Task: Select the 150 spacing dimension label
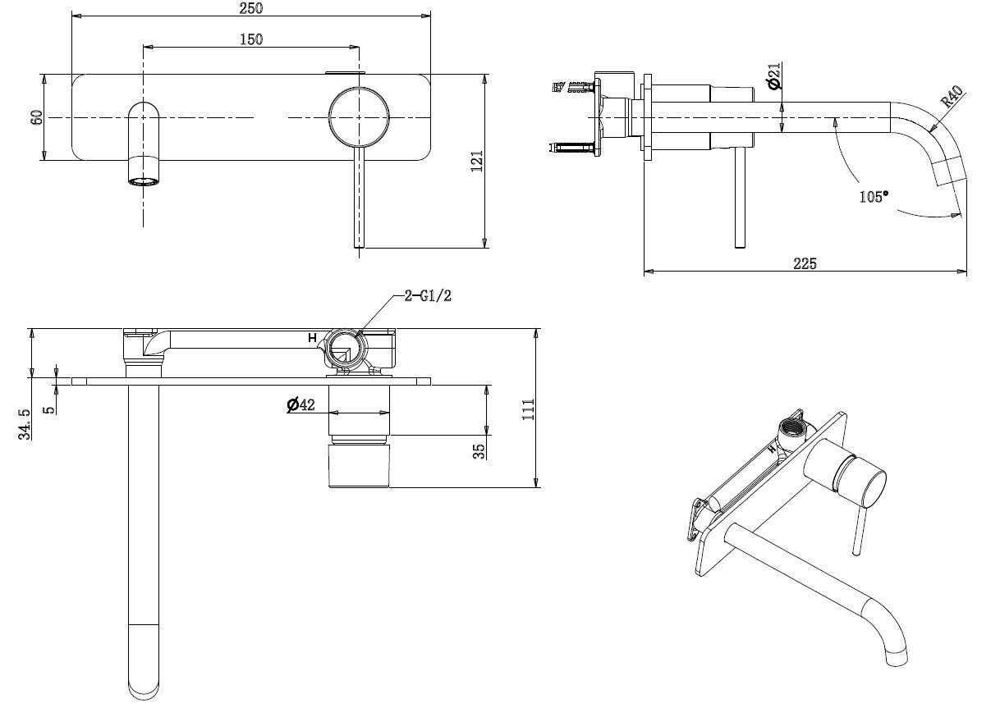pos(251,39)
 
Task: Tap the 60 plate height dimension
pos(36,117)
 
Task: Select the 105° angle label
pos(874,196)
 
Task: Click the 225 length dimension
pos(805,263)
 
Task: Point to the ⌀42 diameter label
pos(301,404)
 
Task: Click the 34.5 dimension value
pos(26,424)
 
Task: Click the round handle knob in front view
pos(358,117)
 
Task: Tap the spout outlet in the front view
pos(144,180)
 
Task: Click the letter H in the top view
pos(312,338)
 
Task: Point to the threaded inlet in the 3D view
pos(792,427)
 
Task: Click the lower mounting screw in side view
pos(574,148)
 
